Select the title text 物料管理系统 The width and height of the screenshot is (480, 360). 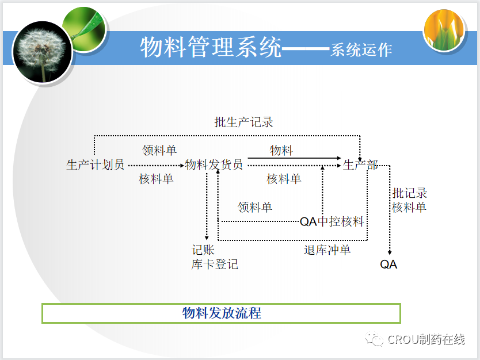coord(211,47)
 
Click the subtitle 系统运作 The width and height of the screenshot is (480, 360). coord(361,50)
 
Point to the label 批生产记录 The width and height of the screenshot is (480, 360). coord(243,122)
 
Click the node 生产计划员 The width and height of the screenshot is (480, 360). coord(96,165)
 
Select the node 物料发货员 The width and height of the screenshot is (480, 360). coord(214,165)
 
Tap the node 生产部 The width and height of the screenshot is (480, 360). coord(360,165)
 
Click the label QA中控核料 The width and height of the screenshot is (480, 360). coord(332,221)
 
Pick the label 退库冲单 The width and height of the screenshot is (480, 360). coord(327,250)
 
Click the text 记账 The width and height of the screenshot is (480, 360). coord(203,250)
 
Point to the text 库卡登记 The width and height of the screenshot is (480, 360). coord(215,265)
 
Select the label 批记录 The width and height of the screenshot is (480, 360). coord(410,193)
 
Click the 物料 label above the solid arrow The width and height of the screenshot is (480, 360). coord(281,151)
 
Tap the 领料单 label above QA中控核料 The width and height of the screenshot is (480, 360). coord(255,207)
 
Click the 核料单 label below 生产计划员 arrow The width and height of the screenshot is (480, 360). coord(156,179)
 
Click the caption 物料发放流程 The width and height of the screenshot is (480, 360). coord(222,313)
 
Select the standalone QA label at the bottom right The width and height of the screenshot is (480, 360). coord(388,265)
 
